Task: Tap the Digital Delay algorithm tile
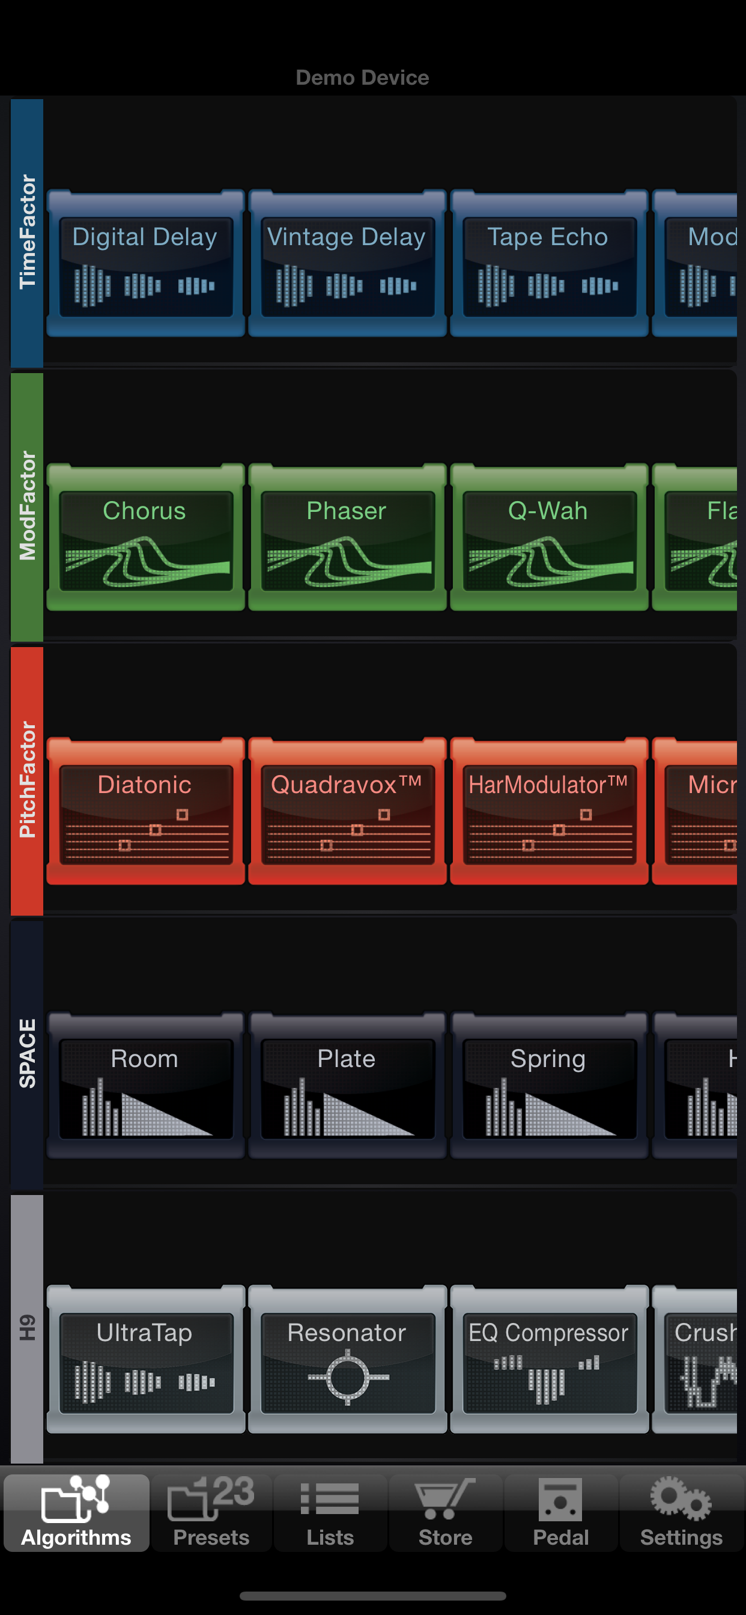[145, 264]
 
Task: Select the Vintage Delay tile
[347, 264]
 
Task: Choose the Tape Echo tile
[549, 264]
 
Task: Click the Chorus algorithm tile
[145, 538]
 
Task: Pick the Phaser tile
[347, 538]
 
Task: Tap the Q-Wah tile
[549, 538]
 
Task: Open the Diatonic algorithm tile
[145, 812]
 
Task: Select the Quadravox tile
[347, 812]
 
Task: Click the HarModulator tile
[549, 812]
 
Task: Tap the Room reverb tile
[145, 1086]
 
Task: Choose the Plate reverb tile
[347, 1086]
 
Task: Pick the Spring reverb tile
[549, 1086]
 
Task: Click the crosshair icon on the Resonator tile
[347, 1378]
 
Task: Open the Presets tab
[211, 1513]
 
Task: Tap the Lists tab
[330, 1513]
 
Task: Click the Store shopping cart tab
[446, 1513]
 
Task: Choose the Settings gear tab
[681, 1513]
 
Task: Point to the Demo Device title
[362, 78]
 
